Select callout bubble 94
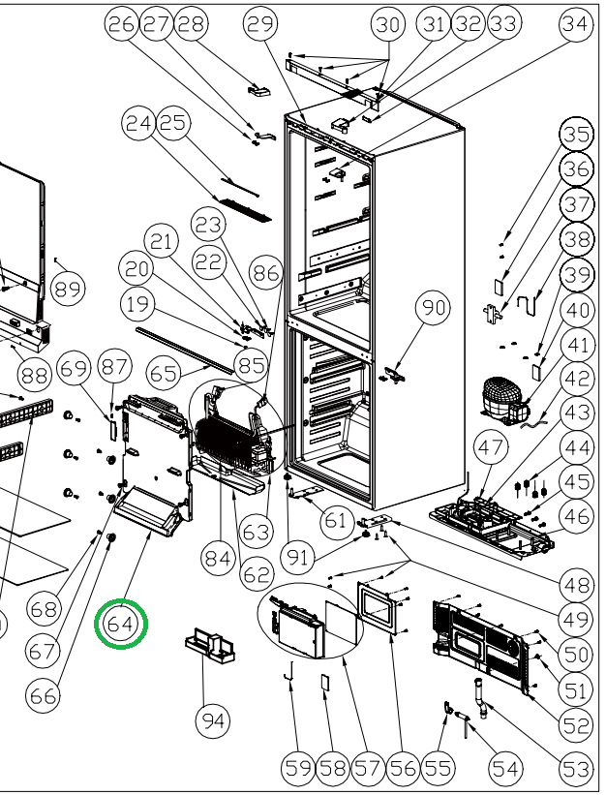coord(213,720)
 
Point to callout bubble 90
coord(433,309)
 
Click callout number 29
coord(260,25)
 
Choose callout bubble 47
coord(490,448)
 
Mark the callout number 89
coord(68,288)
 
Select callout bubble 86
coord(265,274)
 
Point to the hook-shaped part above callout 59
coord(288,673)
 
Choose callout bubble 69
coord(74,369)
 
